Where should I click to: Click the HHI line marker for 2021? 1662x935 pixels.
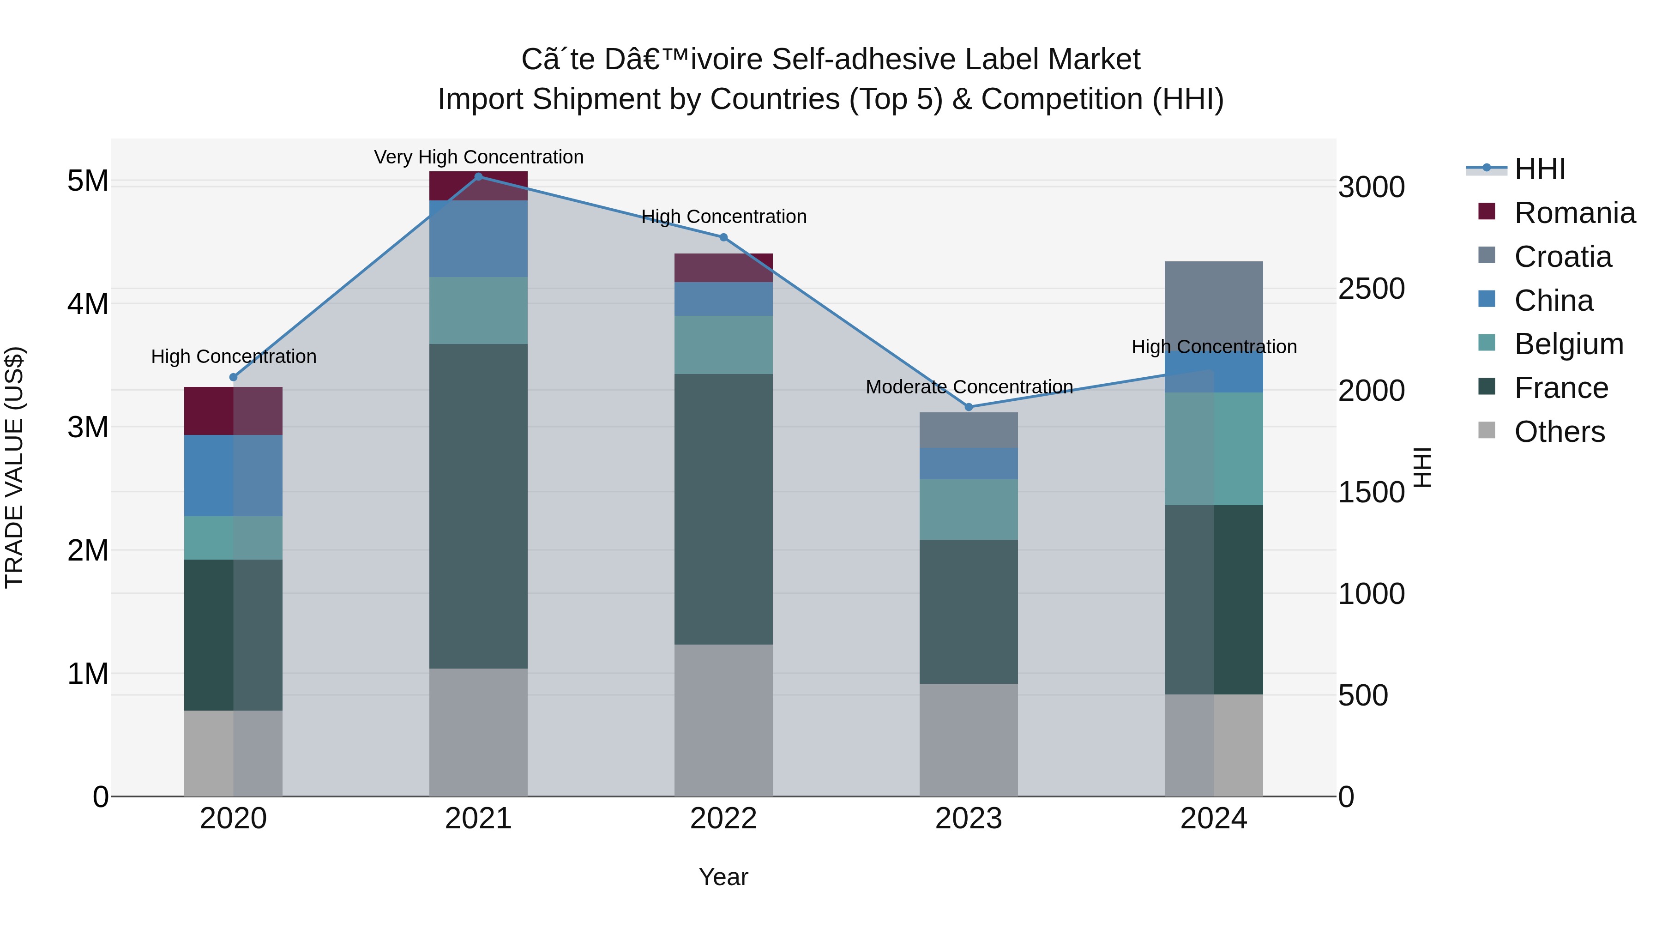(478, 176)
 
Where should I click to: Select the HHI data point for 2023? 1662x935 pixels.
(969, 407)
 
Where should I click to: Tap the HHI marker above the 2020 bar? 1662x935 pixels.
(234, 378)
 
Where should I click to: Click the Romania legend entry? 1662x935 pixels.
(1574, 213)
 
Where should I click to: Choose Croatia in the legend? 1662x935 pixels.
(1563, 257)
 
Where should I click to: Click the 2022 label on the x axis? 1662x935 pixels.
(723, 819)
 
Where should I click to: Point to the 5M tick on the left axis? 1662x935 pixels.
(88, 181)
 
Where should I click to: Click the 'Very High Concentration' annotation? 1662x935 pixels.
(479, 157)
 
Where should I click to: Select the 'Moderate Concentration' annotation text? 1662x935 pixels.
(969, 387)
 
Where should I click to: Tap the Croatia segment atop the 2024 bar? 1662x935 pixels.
(1214, 303)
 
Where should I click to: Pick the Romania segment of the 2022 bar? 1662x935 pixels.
(723, 268)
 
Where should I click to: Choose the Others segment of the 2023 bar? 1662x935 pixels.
(969, 740)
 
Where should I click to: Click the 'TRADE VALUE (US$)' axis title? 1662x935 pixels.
(14, 467)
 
